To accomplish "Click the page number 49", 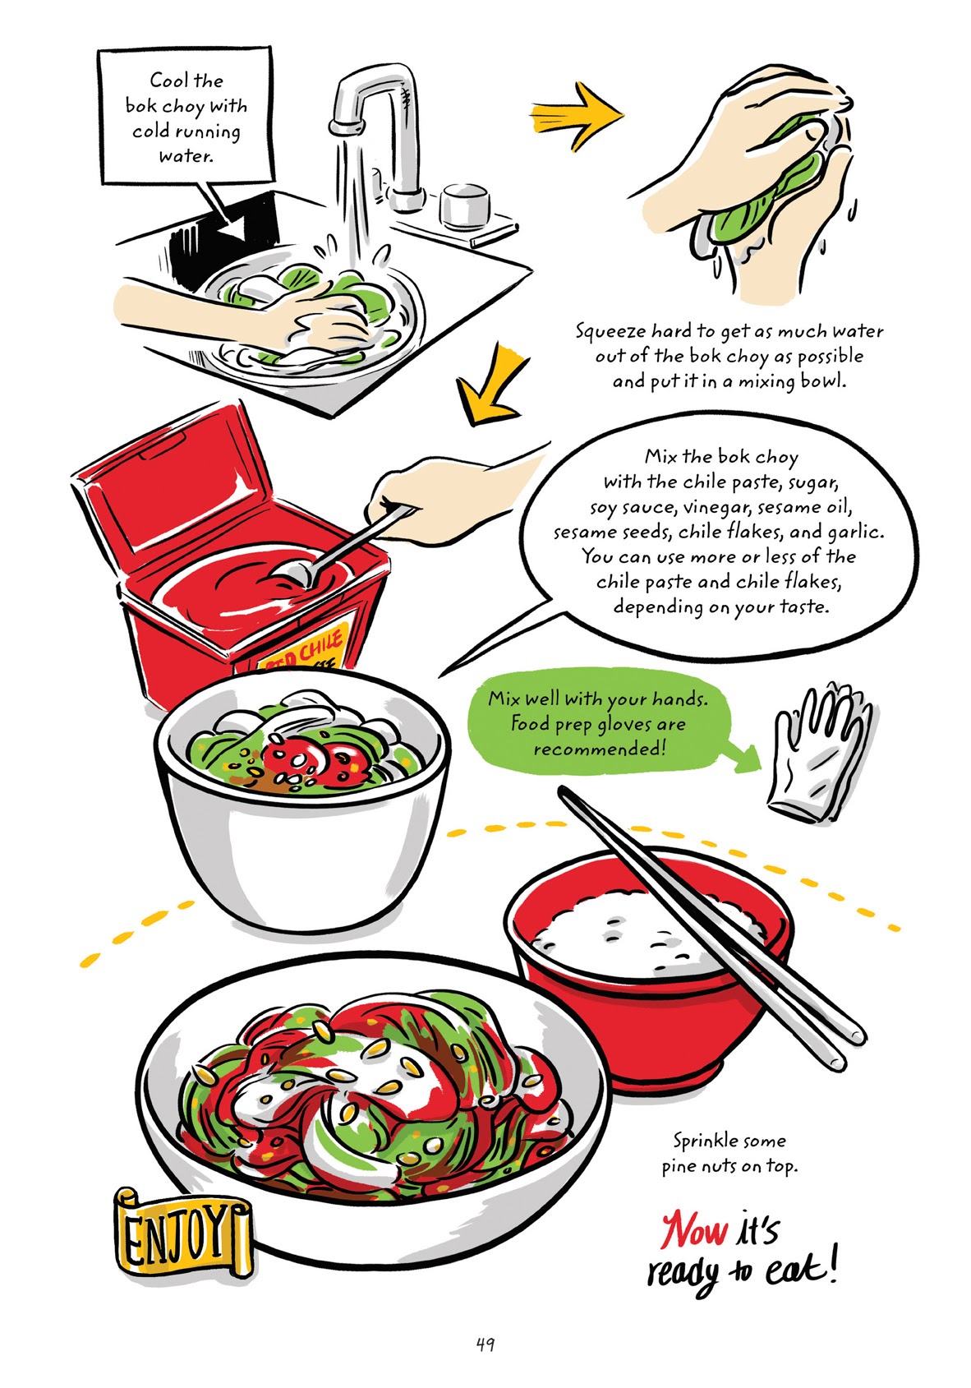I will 485,1344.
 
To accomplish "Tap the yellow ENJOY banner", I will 181,1233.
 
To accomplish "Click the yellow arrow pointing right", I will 575,111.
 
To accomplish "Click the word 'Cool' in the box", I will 170,81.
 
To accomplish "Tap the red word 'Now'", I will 694,1230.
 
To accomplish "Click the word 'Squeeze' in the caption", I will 610,332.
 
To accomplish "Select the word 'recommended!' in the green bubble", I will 598,749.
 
